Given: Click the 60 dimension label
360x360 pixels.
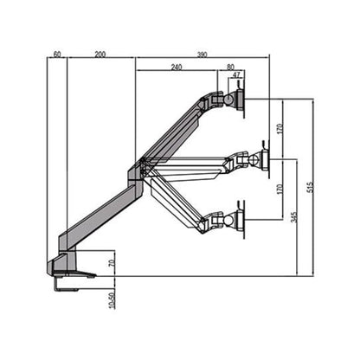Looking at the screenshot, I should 57,54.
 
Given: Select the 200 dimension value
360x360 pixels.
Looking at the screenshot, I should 100,54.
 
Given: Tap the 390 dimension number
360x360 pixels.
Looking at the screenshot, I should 202,54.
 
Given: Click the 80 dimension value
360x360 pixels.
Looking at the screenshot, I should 229,67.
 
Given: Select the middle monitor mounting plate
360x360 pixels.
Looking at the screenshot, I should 266,159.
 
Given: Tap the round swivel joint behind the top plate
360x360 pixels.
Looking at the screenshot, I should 229,100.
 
